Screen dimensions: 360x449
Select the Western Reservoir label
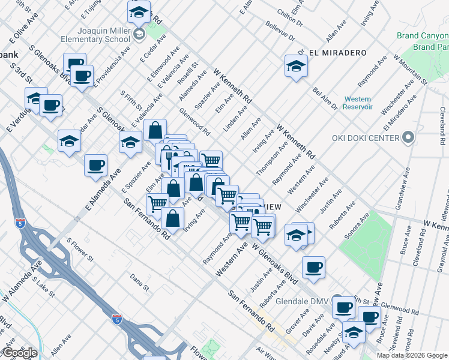click(x=358, y=103)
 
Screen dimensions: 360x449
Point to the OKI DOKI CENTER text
click(x=366, y=139)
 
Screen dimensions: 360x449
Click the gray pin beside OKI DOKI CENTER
click(x=408, y=138)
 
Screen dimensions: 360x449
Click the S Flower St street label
click(x=80, y=251)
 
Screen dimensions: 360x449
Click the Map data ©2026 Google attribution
click(x=412, y=355)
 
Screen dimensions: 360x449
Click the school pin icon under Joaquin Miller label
click(x=139, y=34)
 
